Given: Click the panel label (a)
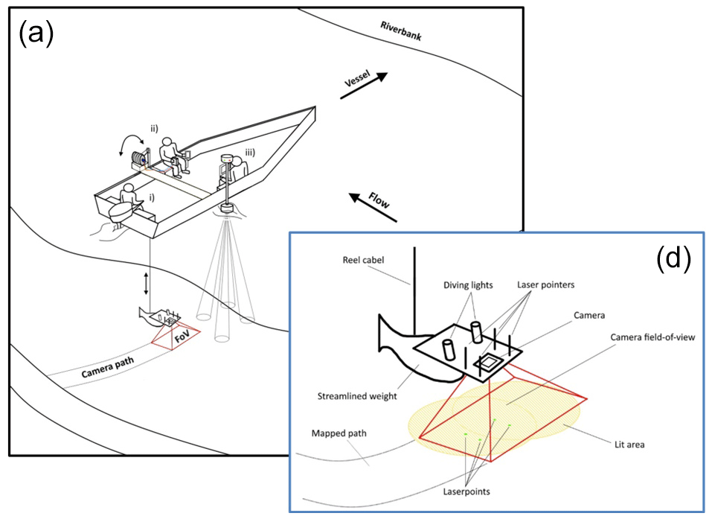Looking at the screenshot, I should point(36,34).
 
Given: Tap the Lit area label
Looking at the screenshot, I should point(622,445).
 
